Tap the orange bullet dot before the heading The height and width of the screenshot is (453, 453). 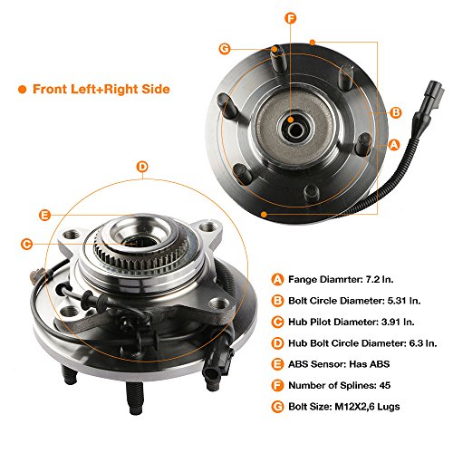tap(21, 90)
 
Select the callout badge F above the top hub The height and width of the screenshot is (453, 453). tap(291, 17)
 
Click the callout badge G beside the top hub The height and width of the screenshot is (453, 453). tap(224, 50)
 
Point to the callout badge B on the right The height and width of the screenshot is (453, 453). tap(395, 112)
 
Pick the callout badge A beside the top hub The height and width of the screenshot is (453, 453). tap(393, 144)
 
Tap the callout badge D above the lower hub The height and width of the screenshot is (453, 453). tap(141, 166)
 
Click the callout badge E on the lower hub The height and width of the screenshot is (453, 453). tap(44, 215)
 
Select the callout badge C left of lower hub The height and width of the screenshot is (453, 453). tap(26, 243)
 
